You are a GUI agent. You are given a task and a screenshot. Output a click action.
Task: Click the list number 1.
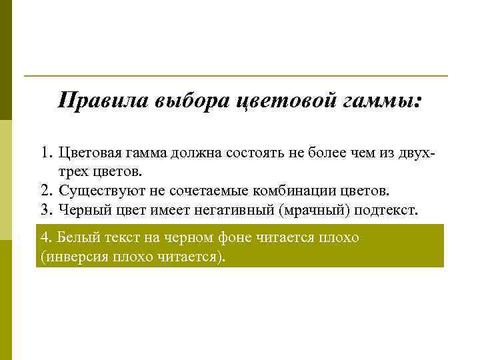tap(45, 153)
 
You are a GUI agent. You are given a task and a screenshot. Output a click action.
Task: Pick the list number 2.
tap(45, 192)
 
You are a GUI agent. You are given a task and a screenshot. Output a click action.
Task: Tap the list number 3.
tap(45, 211)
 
